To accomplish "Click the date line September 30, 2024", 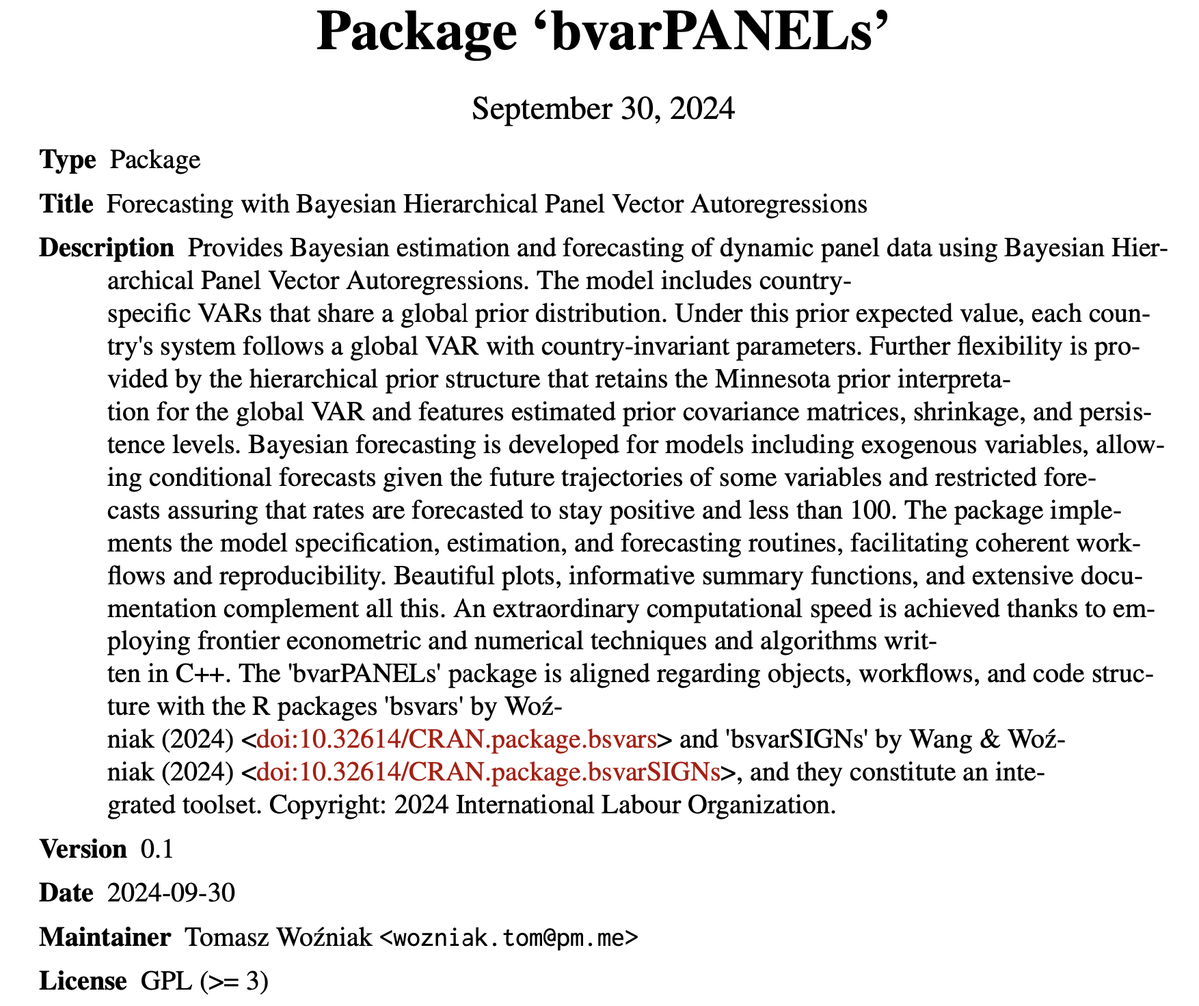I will pyautogui.click(x=603, y=109).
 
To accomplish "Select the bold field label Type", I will pyautogui.click(x=68, y=160).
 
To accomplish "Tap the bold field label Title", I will pyautogui.click(x=66, y=204).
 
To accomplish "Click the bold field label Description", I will pyautogui.click(x=107, y=248).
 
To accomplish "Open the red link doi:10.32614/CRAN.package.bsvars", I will pyautogui.click(x=456, y=740).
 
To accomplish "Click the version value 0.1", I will pyautogui.click(x=157, y=849).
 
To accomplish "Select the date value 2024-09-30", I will pyautogui.click(x=171, y=893).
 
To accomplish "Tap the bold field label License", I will pyautogui.click(x=83, y=981).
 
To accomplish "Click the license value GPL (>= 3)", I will pyautogui.click(x=204, y=981).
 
